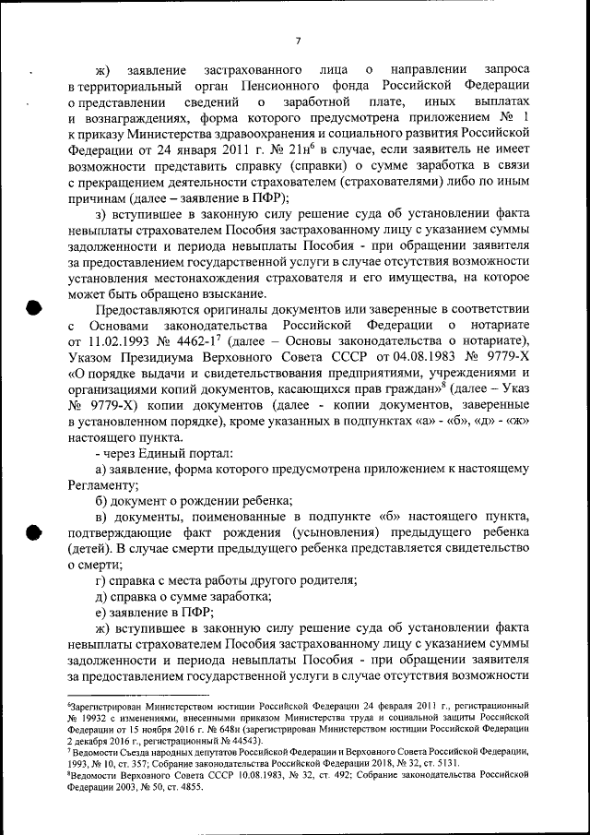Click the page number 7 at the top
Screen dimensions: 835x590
[298, 41]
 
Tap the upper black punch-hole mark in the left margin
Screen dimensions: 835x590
[33, 308]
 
